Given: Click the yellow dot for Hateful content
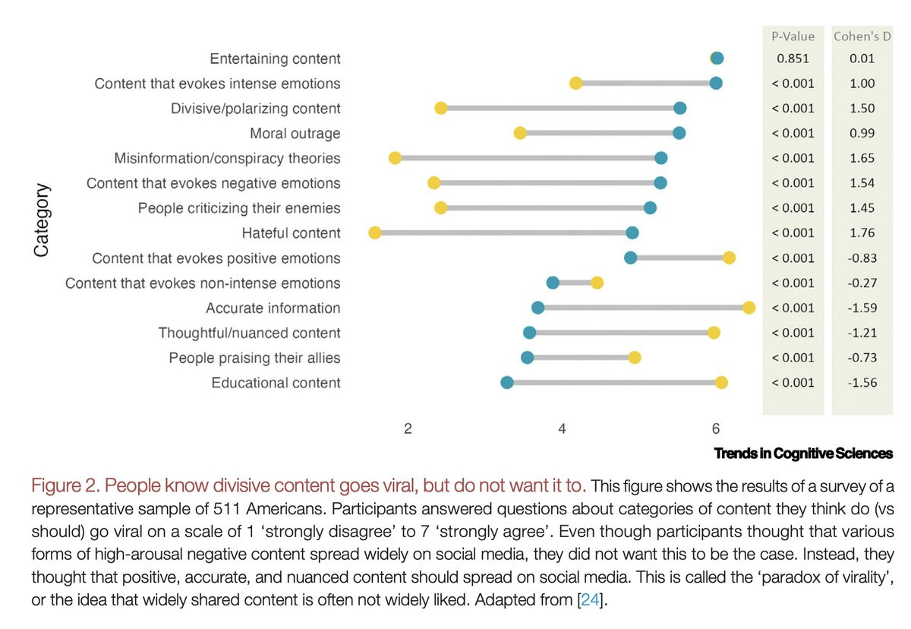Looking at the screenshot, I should (x=374, y=232).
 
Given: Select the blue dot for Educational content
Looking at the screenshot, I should (x=507, y=382).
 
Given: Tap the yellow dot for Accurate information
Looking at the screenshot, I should (x=749, y=307).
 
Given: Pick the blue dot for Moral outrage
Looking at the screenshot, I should (x=679, y=133).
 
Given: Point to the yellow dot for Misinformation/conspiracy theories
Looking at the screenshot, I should (x=395, y=158).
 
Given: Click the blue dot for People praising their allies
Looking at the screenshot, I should (x=527, y=357).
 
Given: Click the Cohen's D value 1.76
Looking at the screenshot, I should (x=862, y=233).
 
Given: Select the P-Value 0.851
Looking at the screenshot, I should (x=793, y=58).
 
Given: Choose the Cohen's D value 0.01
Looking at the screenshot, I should (x=862, y=58).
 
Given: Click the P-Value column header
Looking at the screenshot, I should (x=793, y=36).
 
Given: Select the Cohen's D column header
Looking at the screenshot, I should (x=862, y=36).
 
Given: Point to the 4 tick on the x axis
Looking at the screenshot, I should (x=562, y=428).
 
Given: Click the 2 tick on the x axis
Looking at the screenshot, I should (x=408, y=428).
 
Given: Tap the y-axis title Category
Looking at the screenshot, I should (x=43, y=220).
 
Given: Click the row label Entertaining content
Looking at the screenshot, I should (x=274, y=58).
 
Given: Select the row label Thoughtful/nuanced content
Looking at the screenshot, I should (x=249, y=333).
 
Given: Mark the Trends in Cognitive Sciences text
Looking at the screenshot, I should (x=803, y=454).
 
